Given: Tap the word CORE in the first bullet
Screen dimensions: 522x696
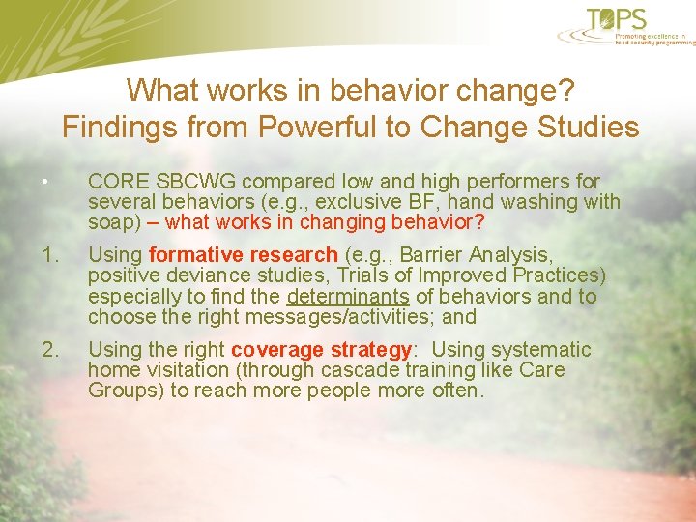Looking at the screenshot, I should click(114, 182).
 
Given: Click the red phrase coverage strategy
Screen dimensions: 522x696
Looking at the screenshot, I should click(321, 350).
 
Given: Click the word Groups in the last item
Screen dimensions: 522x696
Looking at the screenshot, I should click(121, 391).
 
